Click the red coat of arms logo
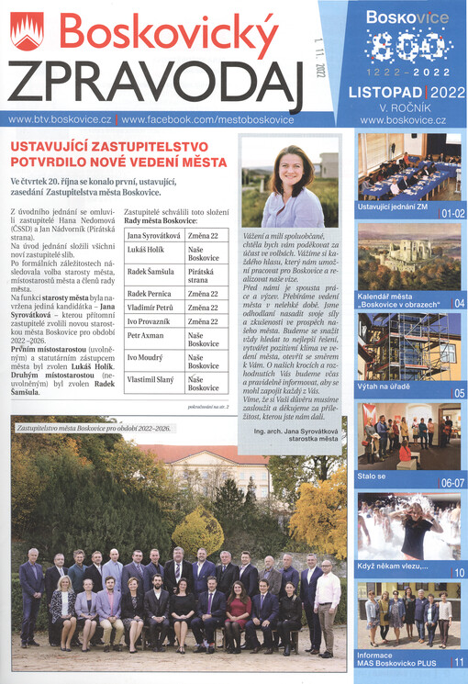27,34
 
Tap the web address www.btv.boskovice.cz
60,119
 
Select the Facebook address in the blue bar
207,119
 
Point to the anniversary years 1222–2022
403,71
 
